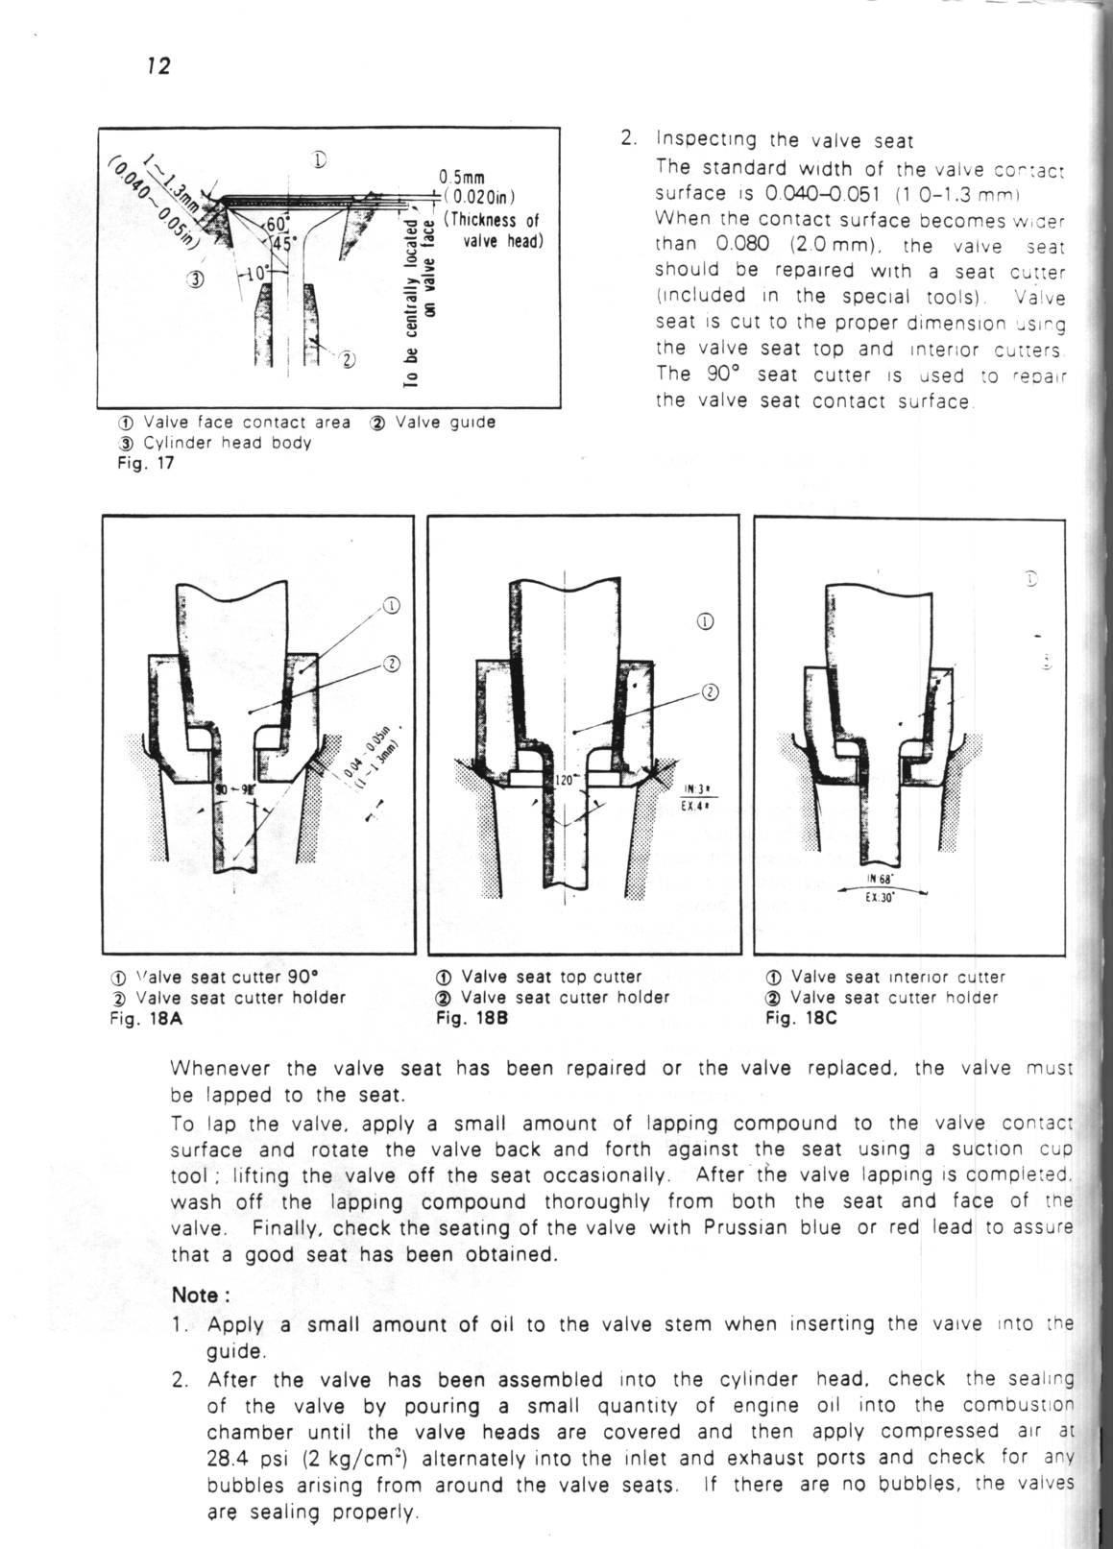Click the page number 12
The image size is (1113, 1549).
(158, 66)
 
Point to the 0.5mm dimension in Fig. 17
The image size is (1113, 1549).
(461, 177)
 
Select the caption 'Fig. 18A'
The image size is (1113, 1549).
(146, 1018)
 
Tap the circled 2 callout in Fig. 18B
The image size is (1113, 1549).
(709, 691)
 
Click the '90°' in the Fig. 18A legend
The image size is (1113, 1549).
(297, 977)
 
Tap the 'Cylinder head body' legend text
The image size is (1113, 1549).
(227, 443)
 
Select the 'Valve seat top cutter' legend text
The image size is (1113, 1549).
(551, 977)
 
